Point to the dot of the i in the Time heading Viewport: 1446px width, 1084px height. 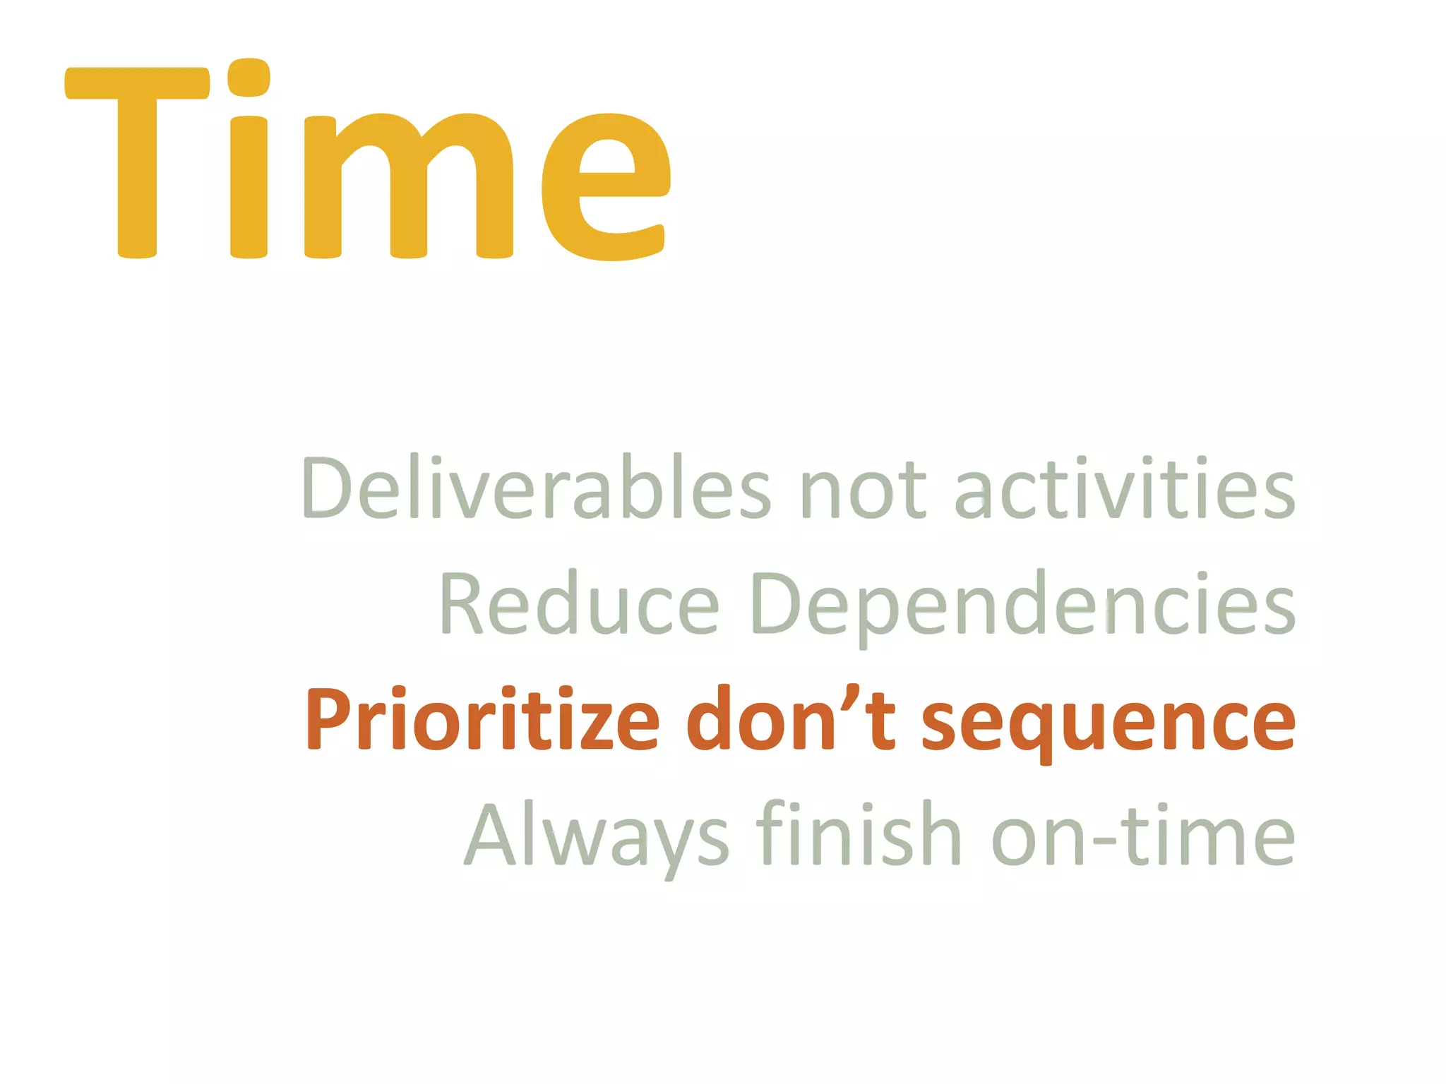(x=249, y=78)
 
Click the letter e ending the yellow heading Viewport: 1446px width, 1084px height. (x=606, y=186)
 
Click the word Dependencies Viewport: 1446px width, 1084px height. (x=1023, y=607)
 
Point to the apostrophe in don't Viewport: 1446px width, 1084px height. (x=852, y=695)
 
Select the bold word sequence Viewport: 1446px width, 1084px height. (x=1109, y=723)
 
